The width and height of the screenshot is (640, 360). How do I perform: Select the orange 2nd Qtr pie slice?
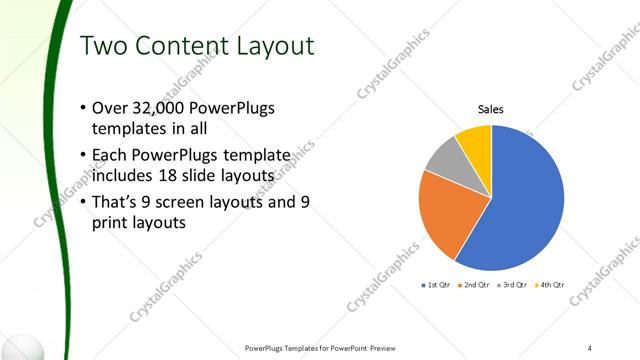[x=450, y=215]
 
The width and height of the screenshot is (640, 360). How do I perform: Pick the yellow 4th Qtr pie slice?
[x=475, y=143]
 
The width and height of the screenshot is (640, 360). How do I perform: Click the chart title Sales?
[x=490, y=109]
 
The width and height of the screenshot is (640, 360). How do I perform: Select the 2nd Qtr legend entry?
[x=473, y=286]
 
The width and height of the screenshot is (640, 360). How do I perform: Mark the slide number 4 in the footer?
[x=590, y=347]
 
